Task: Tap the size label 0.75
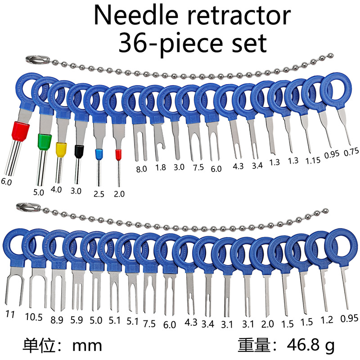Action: click(351, 152)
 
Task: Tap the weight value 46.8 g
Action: click(310, 346)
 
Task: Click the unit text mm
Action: click(87, 346)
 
